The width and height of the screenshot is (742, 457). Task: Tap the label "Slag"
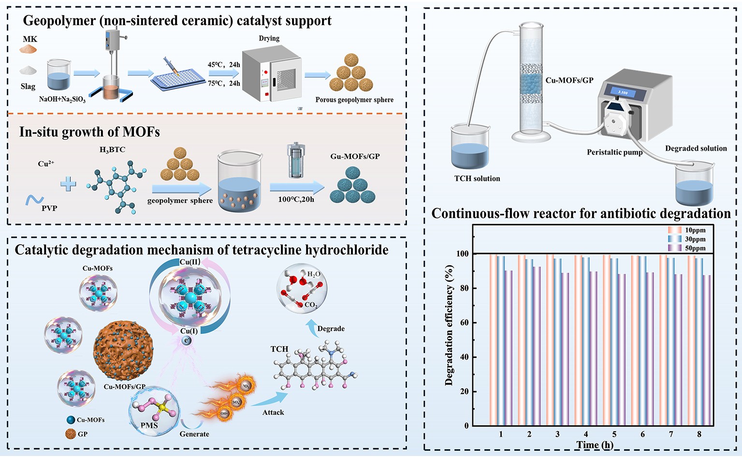pyautogui.click(x=28, y=87)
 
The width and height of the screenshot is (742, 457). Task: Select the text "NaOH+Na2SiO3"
pyautogui.click(x=62, y=100)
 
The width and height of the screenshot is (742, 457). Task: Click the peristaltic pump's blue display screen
pyautogui.click(x=623, y=92)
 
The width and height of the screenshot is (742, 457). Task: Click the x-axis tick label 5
pyautogui.click(x=614, y=434)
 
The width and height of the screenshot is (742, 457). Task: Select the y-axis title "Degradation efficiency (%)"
pyautogui.click(x=449, y=325)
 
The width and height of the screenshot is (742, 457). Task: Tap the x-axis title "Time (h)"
pyautogui.click(x=595, y=445)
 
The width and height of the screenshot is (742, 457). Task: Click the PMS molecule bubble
pyautogui.click(x=154, y=412)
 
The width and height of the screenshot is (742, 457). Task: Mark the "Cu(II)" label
pyautogui.click(x=189, y=262)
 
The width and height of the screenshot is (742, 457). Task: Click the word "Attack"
pyautogui.click(x=273, y=413)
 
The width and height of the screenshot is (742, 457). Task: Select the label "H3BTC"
pyautogui.click(x=112, y=150)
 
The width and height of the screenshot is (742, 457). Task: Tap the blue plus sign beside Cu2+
pyautogui.click(x=68, y=184)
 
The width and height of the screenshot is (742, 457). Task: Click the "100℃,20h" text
pyautogui.click(x=296, y=199)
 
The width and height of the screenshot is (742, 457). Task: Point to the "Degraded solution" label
pyautogui.click(x=696, y=148)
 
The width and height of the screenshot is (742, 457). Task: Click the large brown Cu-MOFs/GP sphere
pyautogui.click(x=123, y=350)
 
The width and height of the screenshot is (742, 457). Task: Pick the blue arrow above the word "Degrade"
pyautogui.click(x=312, y=324)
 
